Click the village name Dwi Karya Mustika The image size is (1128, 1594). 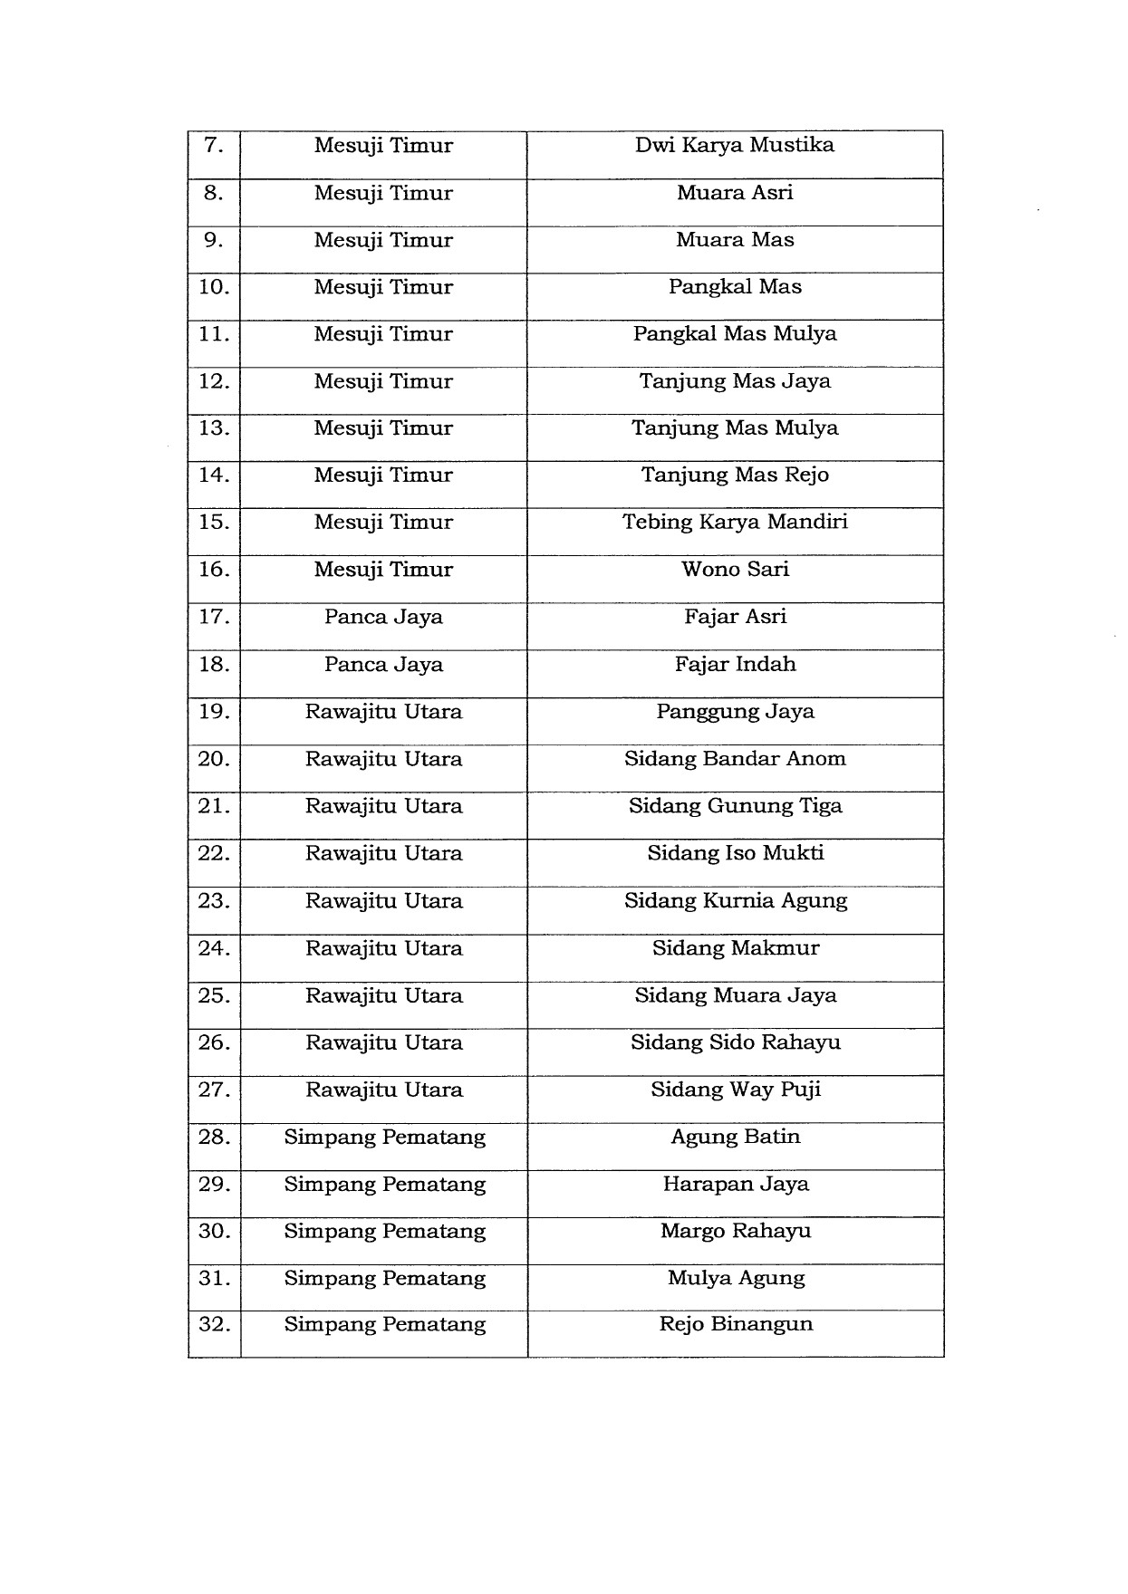tap(734, 146)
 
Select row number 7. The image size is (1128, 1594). tap(214, 146)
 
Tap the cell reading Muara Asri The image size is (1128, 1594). tap(734, 193)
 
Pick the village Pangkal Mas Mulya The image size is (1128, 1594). tap(734, 334)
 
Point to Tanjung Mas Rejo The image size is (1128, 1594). tap(734, 475)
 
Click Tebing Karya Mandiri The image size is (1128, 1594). tap(734, 523)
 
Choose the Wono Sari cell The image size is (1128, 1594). tap(734, 570)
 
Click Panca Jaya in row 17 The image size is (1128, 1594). tap(383, 618)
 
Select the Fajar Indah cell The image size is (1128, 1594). tap(734, 665)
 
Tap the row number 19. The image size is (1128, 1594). tap(214, 712)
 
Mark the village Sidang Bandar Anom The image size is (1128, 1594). tap(734, 759)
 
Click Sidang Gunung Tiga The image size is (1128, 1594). tap(734, 806)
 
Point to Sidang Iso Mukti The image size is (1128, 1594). tap(734, 853)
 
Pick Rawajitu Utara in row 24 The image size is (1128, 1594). tap(383, 948)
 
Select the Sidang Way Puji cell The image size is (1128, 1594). tap(734, 1090)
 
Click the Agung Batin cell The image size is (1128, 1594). tap(734, 1137)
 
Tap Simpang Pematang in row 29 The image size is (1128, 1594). tap(384, 1185)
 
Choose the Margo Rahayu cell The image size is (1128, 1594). tap(734, 1232)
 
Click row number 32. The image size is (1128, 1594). tap(214, 1325)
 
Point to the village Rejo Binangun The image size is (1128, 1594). tap(734, 1325)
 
